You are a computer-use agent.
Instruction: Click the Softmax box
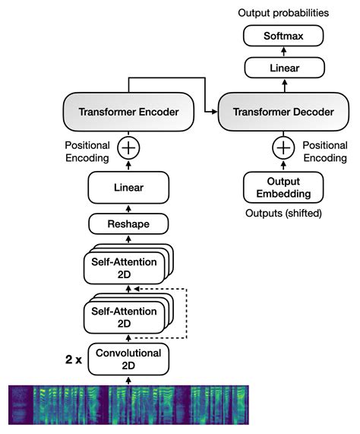283,36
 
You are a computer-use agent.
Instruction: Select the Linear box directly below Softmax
283,68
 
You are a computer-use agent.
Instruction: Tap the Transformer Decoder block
283,112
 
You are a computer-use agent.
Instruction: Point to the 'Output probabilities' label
283,13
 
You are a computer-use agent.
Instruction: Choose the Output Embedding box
283,187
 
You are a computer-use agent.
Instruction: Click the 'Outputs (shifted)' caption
283,214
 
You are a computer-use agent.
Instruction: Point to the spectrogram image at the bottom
128,404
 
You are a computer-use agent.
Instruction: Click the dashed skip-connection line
186,313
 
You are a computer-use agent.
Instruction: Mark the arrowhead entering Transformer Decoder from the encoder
213,112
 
